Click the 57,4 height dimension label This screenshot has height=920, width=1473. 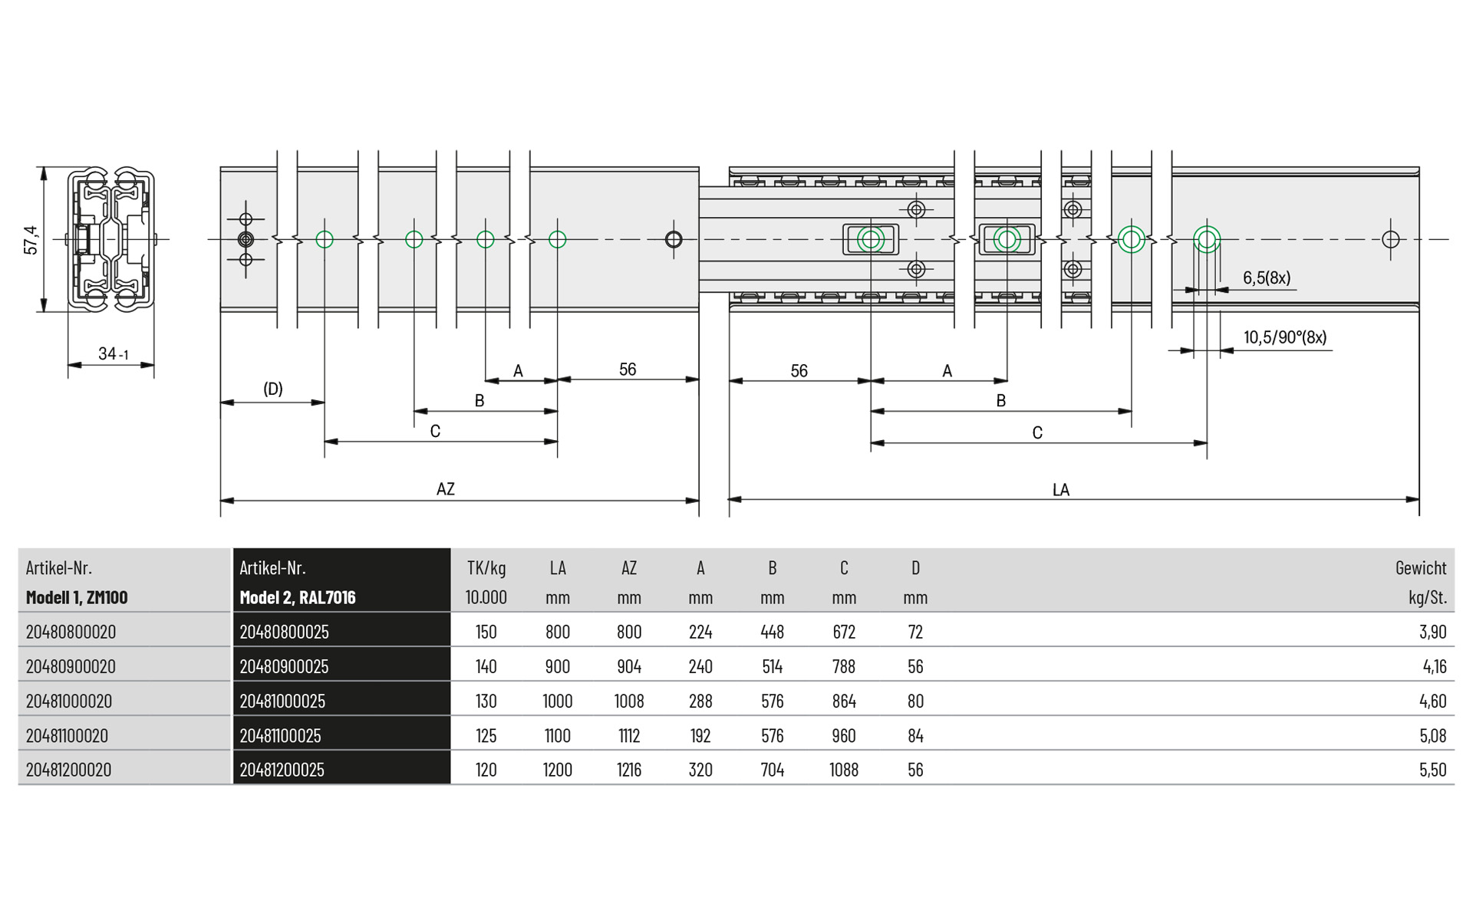tap(31, 240)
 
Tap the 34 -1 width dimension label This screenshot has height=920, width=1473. tap(114, 353)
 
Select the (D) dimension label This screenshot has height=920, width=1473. tap(273, 389)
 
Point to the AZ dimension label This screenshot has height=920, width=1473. tap(446, 489)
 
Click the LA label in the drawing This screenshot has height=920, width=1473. tap(1061, 490)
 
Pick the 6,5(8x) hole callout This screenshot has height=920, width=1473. tap(1267, 278)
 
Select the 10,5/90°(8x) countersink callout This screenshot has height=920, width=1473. tap(1285, 337)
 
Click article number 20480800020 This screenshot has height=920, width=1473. tap(71, 632)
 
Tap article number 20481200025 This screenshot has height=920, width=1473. tap(282, 770)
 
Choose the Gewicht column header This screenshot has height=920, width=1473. tap(1421, 568)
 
